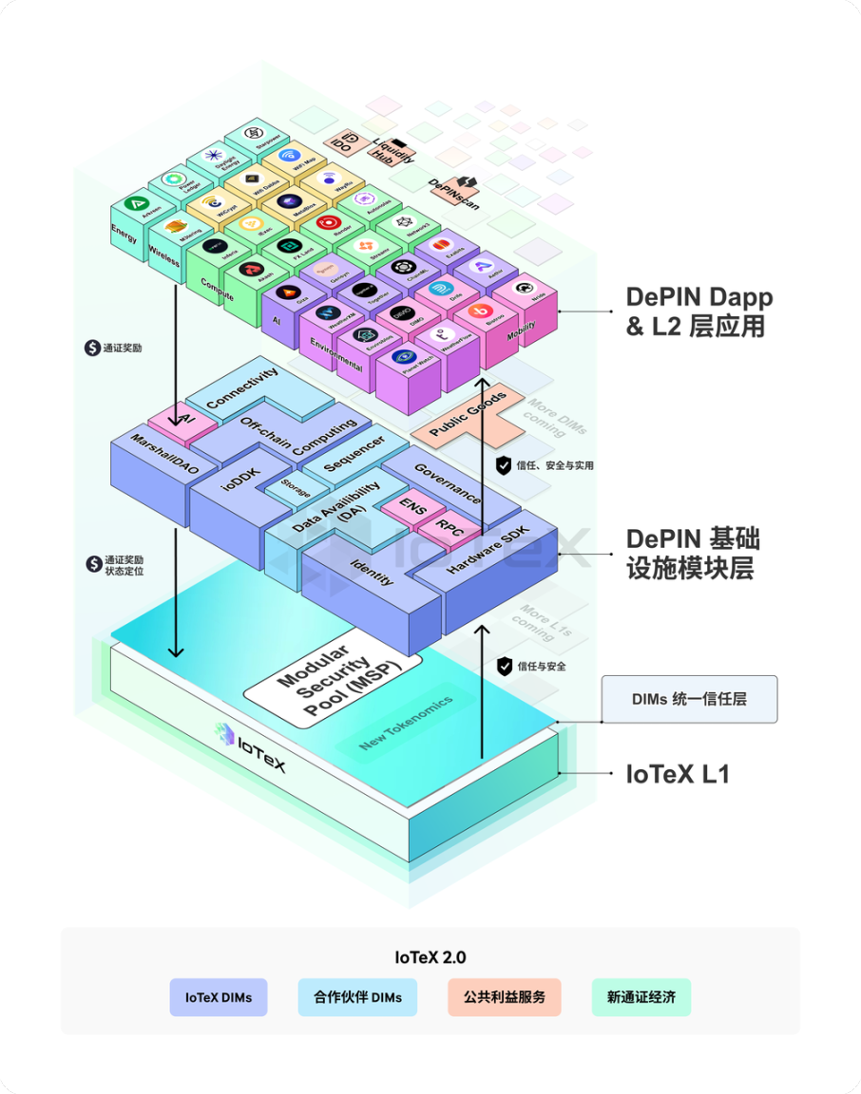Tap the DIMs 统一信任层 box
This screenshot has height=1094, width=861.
689,699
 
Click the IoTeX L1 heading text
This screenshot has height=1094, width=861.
677,774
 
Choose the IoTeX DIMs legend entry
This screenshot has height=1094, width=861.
219,997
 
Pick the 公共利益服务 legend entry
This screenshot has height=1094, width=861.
505,997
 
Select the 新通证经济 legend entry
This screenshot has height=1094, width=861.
641,997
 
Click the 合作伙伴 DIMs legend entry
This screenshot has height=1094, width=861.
357,997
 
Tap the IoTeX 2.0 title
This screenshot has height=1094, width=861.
430,957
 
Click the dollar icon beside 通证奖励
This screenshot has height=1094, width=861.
92,348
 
